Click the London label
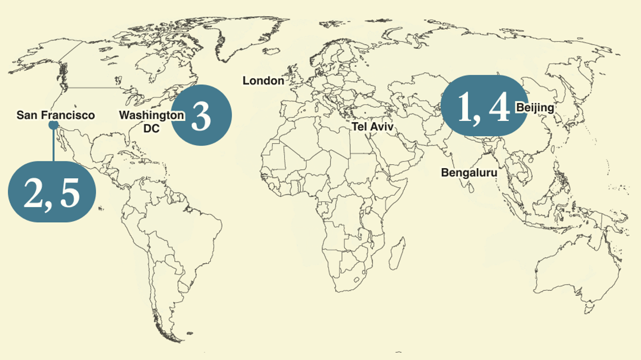tap(263, 81)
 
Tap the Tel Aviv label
tap(372, 127)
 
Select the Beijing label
tap(535, 107)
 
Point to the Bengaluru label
tap(469, 173)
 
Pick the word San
tap(26, 115)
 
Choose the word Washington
tap(152, 115)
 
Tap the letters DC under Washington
tap(152, 128)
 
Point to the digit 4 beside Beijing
tap(498, 107)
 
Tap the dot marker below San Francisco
tap(53, 125)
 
